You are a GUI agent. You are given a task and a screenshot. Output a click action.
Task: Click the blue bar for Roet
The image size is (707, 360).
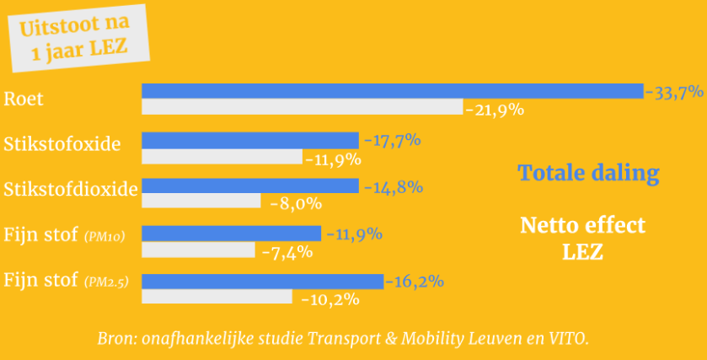pyautogui.click(x=392, y=91)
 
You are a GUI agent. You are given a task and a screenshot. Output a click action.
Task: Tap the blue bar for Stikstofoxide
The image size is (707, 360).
pyautogui.click(x=249, y=140)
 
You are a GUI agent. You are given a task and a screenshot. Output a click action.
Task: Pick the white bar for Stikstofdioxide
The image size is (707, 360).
pyautogui.click(x=201, y=201)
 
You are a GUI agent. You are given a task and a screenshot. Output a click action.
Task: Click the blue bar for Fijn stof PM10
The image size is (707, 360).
pyautogui.click(x=231, y=234)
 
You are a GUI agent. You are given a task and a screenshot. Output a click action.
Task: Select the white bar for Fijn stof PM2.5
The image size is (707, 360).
pyautogui.click(x=217, y=297)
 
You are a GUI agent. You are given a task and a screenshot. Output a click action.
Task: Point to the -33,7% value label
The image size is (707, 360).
pyautogui.click(x=674, y=92)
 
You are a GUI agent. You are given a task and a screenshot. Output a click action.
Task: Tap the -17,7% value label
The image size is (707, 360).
pyautogui.click(x=391, y=141)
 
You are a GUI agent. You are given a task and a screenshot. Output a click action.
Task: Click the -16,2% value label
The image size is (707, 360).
pyautogui.click(x=414, y=282)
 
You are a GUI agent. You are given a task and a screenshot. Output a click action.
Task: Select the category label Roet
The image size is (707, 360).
pyautogui.click(x=24, y=99)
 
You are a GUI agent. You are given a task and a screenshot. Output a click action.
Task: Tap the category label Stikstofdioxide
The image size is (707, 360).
pyautogui.click(x=71, y=189)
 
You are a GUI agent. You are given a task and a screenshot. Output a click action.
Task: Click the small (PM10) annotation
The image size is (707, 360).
pyautogui.click(x=104, y=237)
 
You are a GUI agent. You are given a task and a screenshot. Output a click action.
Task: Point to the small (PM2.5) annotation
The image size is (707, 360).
pyautogui.click(x=106, y=282)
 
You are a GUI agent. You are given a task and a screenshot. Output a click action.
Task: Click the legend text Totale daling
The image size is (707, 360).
pyautogui.click(x=588, y=174)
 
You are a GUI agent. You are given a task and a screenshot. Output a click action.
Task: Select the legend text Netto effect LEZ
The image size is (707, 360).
pyautogui.click(x=582, y=239)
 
